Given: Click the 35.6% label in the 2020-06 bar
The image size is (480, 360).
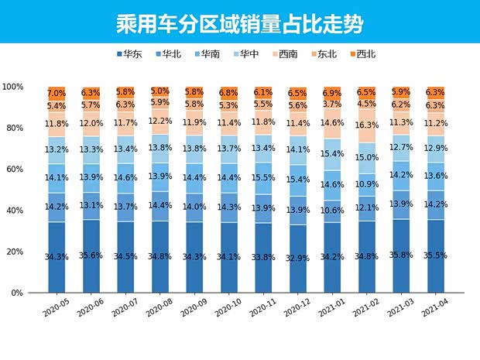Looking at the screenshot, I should pyautogui.click(x=91, y=255).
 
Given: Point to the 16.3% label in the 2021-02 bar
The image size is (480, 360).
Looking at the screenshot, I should pyautogui.click(x=367, y=124).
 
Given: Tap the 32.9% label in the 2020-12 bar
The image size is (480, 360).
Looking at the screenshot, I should pyautogui.click(x=298, y=258).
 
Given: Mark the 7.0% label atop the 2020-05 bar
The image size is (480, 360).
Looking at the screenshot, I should pyautogui.click(x=57, y=93).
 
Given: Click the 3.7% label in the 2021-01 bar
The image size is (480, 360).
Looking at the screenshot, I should pyautogui.click(x=332, y=104).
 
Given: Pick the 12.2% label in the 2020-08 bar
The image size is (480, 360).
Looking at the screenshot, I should pyautogui.click(x=160, y=122).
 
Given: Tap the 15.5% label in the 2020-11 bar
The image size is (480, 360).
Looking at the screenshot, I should pyautogui.click(x=263, y=178).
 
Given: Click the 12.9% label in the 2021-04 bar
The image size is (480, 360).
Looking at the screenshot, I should pyautogui.click(x=435, y=148).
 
